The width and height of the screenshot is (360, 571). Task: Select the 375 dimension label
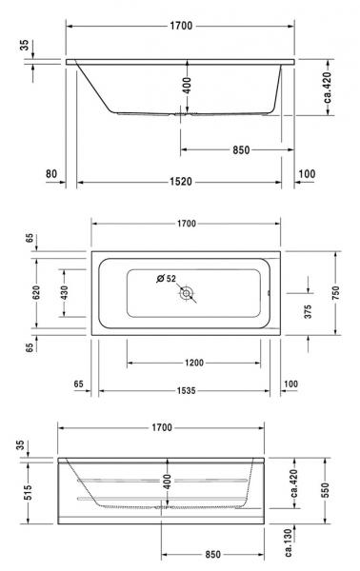coord(309,311)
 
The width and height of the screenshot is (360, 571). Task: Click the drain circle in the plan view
coord(187,294)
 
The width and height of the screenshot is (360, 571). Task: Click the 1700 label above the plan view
coord(186,224)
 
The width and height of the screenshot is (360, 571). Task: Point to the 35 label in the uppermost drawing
coord(23,44)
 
